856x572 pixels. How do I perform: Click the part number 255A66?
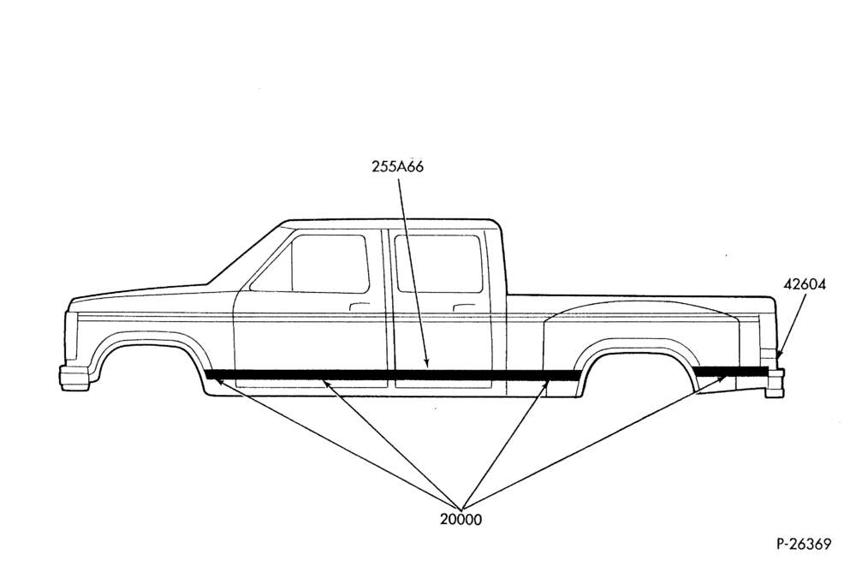(x=397, y=167)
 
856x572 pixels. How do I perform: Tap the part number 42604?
(x=805, y=284)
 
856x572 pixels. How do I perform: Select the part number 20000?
(x=461, y=520)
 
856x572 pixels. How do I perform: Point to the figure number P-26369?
(x=804, y=544)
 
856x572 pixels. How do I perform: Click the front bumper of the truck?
(x=74, y=378)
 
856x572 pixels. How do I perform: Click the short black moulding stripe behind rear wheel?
(x=730, y=372)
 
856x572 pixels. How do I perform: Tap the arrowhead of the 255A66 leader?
(x=427, y=364)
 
